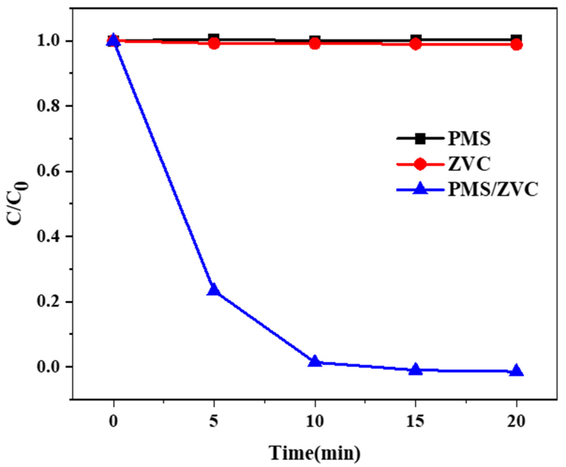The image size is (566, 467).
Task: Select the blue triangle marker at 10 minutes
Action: [x=315, y=362]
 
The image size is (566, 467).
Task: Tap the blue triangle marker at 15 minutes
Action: [x=416, y=370]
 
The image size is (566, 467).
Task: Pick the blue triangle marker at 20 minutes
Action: [x=516, y=371]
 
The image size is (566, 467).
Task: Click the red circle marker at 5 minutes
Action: [x=214, y=44]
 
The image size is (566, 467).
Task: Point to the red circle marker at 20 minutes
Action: [x=516, y=45]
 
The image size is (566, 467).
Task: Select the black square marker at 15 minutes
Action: [x=416, y=39]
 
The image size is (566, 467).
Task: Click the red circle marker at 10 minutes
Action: [x=315, y=44]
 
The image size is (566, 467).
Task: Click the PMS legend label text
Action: [x=469, y=139]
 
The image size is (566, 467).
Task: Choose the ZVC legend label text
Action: [x=469, y=164]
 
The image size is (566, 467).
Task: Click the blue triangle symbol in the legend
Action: [x=420, y=189]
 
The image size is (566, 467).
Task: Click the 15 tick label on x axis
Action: [x=415, y=421]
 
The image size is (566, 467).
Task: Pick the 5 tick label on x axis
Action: [x=214, y=421]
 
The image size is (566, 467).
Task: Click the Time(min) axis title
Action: [x=315, y=453]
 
